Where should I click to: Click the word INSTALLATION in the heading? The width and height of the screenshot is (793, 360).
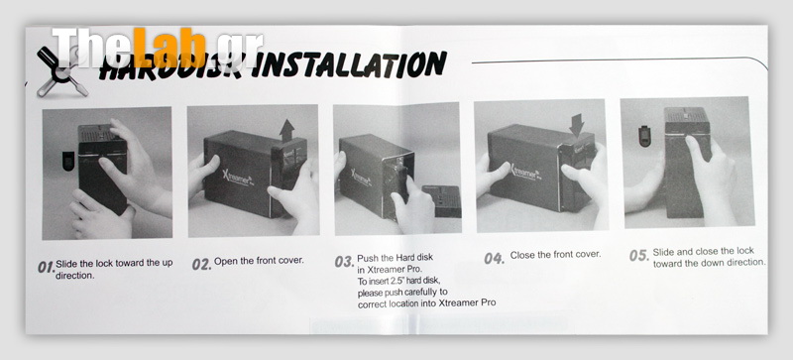tap(349, 64)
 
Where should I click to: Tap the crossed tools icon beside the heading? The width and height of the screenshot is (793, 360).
tap(61, 72)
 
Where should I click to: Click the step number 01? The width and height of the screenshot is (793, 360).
tap(46, 267)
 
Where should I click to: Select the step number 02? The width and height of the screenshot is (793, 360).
tap(201, 264)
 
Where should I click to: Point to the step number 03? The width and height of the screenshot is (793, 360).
tap(344, 261)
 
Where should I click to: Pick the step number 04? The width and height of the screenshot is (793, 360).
tap(494, 258)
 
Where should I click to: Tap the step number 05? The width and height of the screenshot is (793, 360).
tap(639, 255)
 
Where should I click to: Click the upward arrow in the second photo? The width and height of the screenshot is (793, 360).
tap(287, 130)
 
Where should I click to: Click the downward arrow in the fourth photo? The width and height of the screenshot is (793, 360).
tap(576, 125)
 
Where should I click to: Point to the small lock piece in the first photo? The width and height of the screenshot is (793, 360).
tap(67, 161)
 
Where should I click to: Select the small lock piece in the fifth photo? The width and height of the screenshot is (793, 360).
tap(644, 137)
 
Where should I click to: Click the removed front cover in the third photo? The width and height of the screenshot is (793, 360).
tap(441, 201)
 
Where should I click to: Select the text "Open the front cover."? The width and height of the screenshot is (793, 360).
tap(259, 261)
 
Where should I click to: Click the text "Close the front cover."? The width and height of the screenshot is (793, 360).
tap(555, 255)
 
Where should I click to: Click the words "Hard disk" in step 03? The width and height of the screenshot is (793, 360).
tap(414, 258)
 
